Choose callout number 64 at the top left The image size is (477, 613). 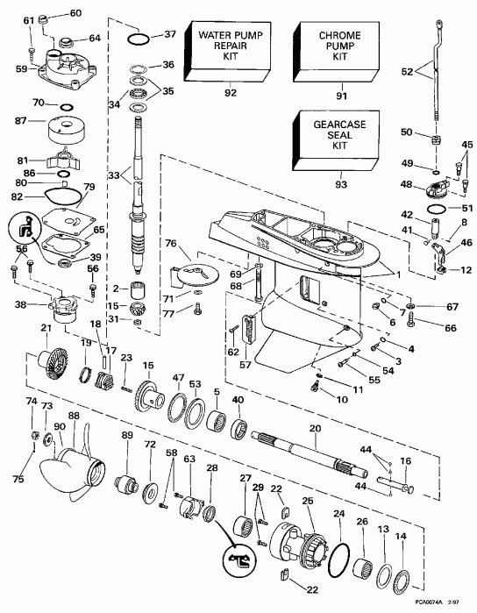coord(95,37)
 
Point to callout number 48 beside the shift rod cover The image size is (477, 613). coord(406,185)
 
